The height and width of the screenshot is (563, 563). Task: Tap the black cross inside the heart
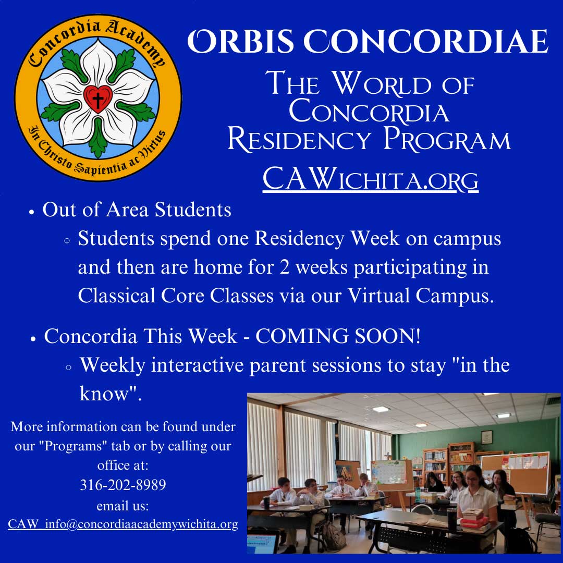[97, 100]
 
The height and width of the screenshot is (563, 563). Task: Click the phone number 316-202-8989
[123, 485]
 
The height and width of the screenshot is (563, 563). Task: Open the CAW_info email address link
[123, 524]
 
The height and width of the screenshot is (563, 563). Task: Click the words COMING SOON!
[337, 336]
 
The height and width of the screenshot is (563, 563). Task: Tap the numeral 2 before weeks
[285, 267]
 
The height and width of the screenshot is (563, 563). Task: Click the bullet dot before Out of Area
[32, 212]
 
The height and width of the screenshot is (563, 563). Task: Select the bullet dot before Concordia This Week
[33, 339]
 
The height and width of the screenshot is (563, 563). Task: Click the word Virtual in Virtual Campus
[378, 296]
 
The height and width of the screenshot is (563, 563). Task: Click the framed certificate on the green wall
[486, 437]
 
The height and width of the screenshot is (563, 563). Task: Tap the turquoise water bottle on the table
[417, 494]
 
